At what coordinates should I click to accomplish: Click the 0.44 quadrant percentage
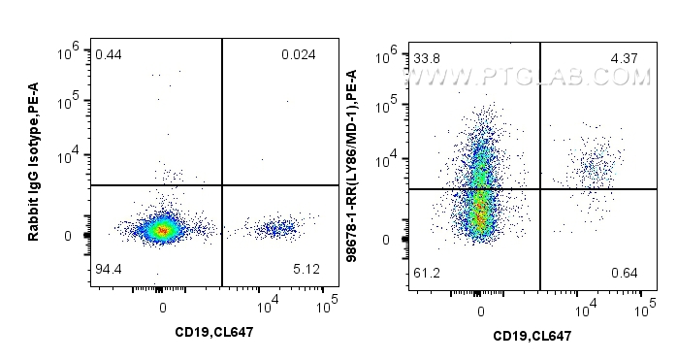[108, 54]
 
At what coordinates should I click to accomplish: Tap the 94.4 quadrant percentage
[109, 267]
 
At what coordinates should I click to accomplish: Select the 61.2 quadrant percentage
[428, 273]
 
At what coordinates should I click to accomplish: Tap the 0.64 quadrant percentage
[624, 273]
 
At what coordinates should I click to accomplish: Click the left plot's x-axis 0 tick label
[163, 308]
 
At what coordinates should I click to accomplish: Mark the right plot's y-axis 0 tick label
[386, 240]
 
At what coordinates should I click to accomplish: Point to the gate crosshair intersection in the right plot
[539, 189]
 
